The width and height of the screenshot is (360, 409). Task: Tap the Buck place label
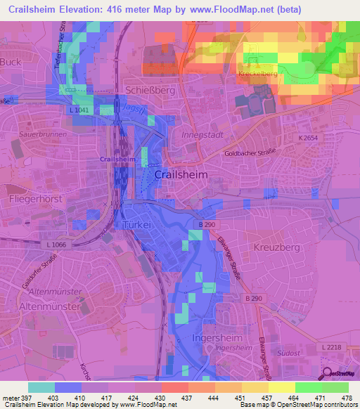[x=11, y=61]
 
